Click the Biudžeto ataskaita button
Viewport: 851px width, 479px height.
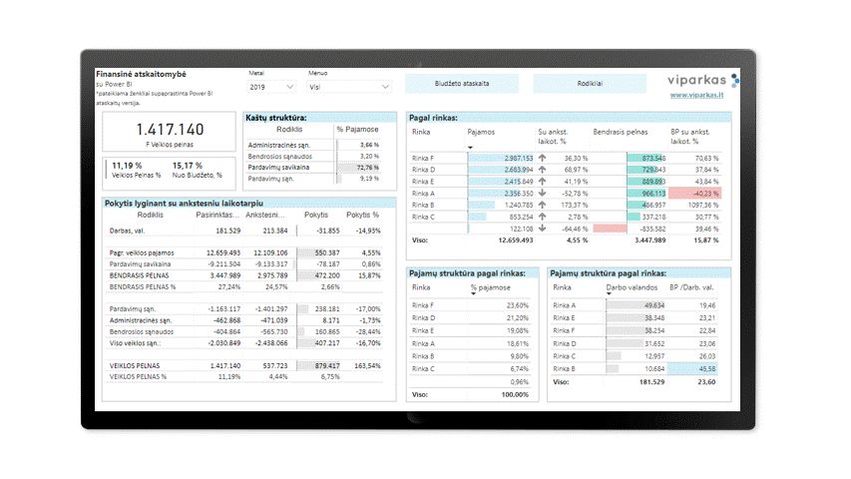(x=462, y=84)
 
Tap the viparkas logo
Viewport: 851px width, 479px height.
(x=703, y=79)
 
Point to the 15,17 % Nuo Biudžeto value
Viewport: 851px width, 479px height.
(x=188, y=166)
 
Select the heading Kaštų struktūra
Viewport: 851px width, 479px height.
(x=276, y=118)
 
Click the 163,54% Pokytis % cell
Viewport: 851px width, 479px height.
(x=364, y=366)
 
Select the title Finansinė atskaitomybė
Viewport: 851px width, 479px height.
(x=141, y=75)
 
